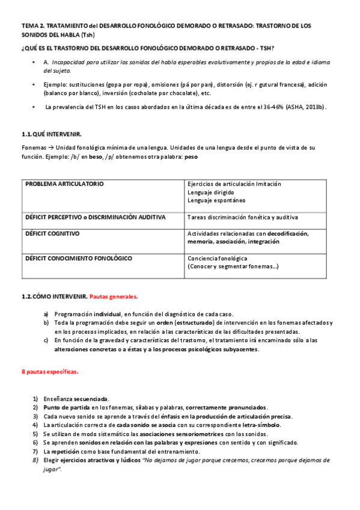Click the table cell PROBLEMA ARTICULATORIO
point(64,183)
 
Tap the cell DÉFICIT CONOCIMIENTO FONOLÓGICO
point(79,258)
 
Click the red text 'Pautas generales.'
point(114,296)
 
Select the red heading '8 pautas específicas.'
point(50,372)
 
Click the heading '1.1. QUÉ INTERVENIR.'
point(52,133)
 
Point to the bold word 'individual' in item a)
point(107,314)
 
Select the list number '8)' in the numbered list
point(35,460)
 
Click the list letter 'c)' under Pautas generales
point(46,340)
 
